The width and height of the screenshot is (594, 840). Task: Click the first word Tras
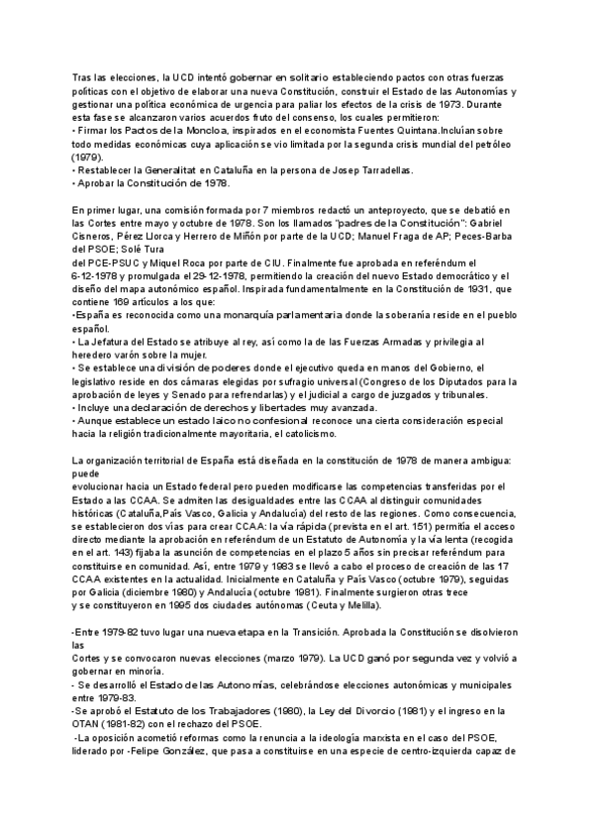point(83,76)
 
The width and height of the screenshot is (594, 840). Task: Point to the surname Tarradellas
point(380,169)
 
